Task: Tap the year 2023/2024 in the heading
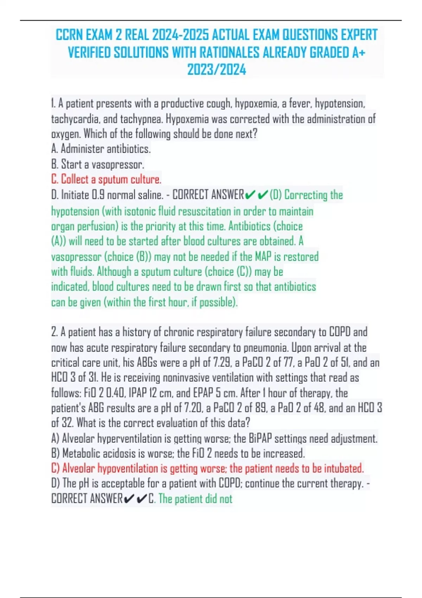216,70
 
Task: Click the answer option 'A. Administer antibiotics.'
101,149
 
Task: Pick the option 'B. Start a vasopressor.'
98,164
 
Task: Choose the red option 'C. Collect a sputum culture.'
106,179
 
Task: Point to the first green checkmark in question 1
250,195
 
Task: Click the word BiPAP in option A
260,438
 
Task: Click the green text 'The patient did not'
196,499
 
